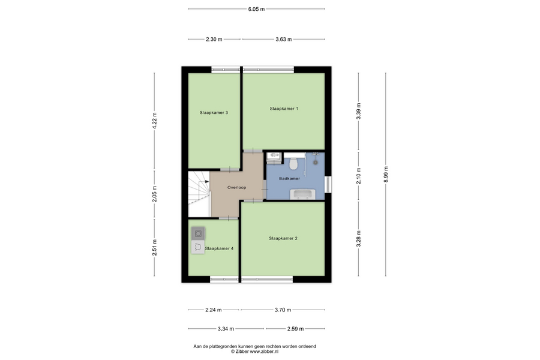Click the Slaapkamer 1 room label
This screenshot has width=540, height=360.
point(284,109)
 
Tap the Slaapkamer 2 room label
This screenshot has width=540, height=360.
point(283,238)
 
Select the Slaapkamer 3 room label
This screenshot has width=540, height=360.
point(214,113)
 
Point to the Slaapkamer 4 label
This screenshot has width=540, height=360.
point(220,248)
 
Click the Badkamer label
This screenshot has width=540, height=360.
point(289,178)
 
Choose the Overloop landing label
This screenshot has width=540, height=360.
point(236,188)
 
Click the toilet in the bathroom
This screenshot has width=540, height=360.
point(293,163)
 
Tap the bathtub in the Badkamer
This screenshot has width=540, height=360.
point(303,194)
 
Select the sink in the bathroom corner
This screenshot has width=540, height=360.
point(274,156)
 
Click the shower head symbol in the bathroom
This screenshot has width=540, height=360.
point(315,162)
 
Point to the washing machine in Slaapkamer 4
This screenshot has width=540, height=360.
point(198,233)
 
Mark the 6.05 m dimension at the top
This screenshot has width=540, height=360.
point(256,9)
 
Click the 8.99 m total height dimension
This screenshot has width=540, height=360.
point(386,175)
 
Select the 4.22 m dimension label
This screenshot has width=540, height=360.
point(154,121)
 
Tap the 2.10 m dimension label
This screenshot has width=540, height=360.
point(359,176)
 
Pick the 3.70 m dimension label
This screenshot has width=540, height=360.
point(283,310)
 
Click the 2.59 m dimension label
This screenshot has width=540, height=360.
point(295,329)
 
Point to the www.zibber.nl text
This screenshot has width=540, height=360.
point(265,352)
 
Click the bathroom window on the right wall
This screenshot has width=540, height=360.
point(328,184)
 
